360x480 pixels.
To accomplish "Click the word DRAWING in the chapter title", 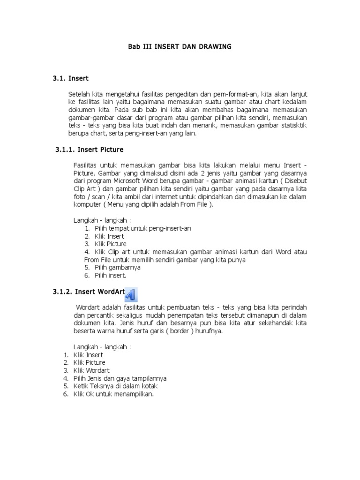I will pyautogui.click(x=215, y=47).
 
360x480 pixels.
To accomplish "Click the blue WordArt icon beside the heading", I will pyautogui.click(x=132, y=293).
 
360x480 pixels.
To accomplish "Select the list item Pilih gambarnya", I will pyautogui.click(x=118, y=267).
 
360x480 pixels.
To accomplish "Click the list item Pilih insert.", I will pyautogui.click(x=111, y=275).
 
